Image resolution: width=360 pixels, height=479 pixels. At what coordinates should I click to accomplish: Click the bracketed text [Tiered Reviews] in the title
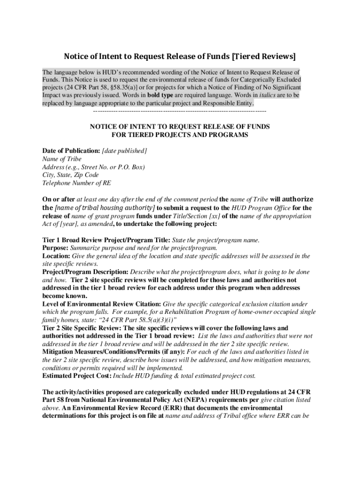coord(264,57)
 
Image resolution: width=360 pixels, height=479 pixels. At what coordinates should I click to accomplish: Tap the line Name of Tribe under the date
coord(62,159)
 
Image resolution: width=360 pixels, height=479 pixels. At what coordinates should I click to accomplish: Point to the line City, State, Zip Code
coord(71,175)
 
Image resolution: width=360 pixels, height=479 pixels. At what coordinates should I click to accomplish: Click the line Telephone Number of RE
coord(77,183)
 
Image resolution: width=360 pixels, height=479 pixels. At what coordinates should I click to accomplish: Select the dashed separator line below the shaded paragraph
coord(180,111)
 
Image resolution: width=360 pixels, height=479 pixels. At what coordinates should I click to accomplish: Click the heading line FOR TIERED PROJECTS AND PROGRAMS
coord(180,135)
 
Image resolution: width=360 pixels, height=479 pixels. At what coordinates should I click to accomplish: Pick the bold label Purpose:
coord(55,248)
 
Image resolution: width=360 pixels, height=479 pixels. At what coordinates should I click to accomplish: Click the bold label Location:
coord(56,256)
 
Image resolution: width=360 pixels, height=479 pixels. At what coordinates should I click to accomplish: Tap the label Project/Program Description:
coord(85,272)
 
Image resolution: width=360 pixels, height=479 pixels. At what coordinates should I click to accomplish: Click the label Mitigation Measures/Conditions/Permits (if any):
coord(114,352)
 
